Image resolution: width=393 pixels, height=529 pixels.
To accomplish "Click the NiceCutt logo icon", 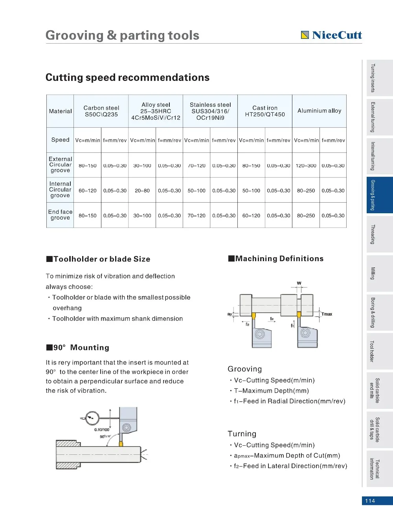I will [x=305, y=35].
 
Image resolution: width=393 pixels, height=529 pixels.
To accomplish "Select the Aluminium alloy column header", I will [x=319, y=111].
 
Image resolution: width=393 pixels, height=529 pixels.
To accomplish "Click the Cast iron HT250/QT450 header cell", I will [x=265, y=111].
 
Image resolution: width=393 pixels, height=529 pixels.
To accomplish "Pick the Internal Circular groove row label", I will [x=60, y=190].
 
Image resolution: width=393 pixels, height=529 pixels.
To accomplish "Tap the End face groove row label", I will [x=60, y=215].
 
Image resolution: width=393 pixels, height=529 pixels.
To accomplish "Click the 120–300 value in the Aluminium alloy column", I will [x=306, y=166].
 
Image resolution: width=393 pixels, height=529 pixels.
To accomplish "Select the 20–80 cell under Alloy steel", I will [x=142, y=190].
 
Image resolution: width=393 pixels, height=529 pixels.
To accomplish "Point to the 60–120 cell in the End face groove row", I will [x=251, y=216].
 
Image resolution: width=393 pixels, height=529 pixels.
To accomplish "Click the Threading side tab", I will [x=377, y=234].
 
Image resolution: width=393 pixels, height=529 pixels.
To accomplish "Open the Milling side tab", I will [x=377, y=273].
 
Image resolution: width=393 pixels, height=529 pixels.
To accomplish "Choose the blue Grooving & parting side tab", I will [x=377, y=195].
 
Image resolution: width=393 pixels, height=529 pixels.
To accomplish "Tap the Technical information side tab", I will [x=377, y=469].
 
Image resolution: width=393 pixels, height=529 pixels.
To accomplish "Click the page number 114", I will [x=370, y=501].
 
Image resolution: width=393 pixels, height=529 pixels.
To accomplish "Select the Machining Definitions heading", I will [x=279, y=258].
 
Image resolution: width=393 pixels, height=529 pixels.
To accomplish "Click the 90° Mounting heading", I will [x=81, y=348].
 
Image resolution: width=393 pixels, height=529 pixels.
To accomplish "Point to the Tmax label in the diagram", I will [x=327, y=314].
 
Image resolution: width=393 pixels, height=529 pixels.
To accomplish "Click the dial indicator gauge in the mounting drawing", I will [x=92, y=417].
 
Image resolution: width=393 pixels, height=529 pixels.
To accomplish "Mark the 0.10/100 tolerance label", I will [x=102, y=430].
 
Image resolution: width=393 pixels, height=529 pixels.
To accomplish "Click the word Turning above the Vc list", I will [x=242, y=434].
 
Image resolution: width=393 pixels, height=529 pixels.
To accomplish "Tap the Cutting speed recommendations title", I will [x=127, y=77].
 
